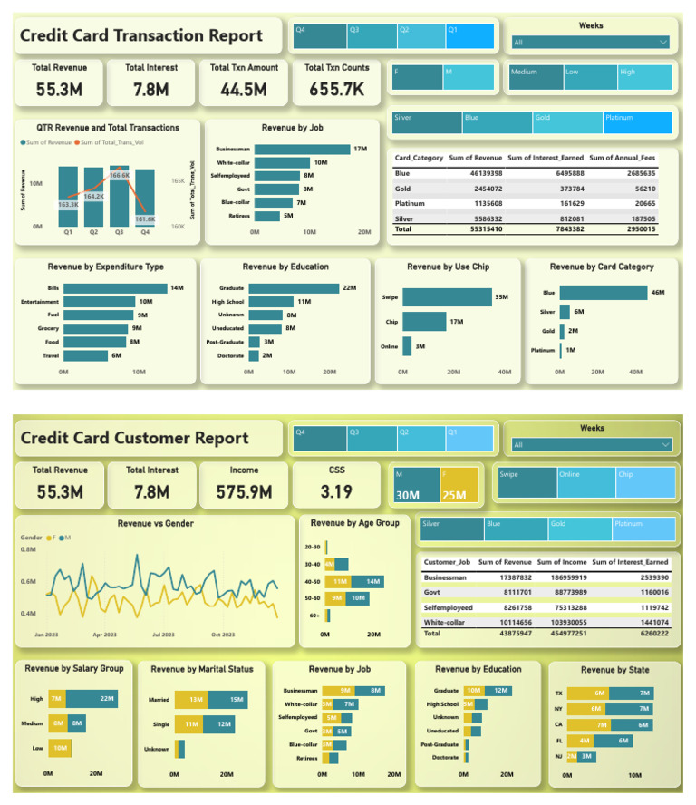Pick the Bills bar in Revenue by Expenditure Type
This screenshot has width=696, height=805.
coord(115,288)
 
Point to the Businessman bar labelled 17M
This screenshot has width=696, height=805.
coord(302,149)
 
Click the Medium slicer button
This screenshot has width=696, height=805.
coord(524,71)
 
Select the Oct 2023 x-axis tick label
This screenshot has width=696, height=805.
coord(222,635)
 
